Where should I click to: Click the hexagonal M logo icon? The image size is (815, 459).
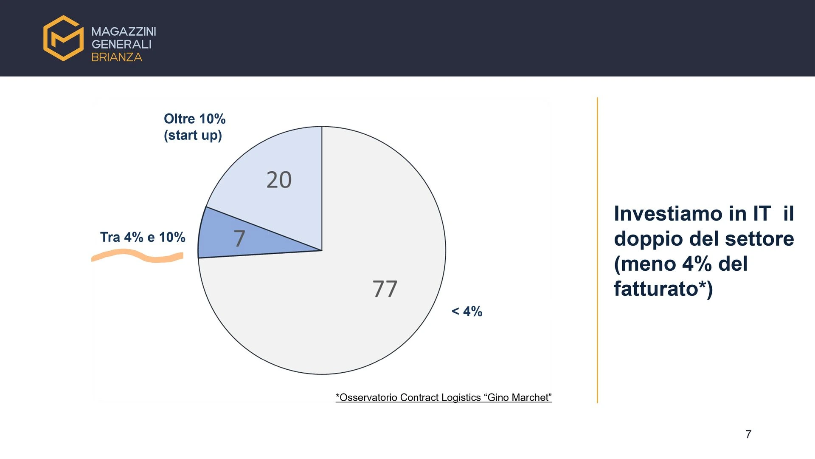(x=63, y=38)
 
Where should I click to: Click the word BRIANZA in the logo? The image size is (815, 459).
(x=117, y=57)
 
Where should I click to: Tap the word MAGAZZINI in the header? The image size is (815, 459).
(x=124, y=31)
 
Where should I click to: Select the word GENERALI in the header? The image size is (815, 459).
(x=121, y=44)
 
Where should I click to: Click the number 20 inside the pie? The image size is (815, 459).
(x=279, y=180)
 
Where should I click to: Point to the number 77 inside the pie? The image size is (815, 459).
(x=385, y=289)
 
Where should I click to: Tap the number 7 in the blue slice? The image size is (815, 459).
(x=239, y=238)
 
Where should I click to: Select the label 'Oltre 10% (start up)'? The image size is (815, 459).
(x=195, y=127)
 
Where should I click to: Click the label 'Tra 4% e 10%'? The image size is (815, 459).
(x=143, y=237)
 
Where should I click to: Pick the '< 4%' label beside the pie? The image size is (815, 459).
(x=467, y=312)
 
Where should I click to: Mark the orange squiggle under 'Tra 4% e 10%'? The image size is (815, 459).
(x=138, y=256)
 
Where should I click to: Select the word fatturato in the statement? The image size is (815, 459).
(x=656, y=289)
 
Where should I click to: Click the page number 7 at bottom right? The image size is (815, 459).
(x=748, y=434)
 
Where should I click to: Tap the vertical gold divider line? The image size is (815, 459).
(x=597, y=250)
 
